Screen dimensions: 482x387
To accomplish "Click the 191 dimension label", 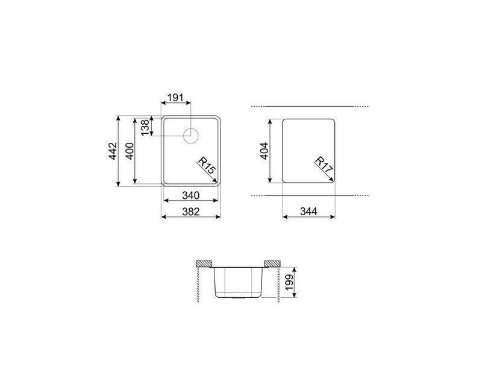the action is click(175, 98).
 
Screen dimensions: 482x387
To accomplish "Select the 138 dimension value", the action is click(145, 127).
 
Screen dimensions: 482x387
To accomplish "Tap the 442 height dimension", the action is click(113, 151).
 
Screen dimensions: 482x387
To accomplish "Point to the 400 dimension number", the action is click(130, 151).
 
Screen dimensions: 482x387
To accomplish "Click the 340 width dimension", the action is click(190, 195).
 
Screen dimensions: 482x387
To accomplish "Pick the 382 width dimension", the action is click(190, 212).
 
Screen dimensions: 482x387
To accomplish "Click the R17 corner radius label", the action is click(324, 165).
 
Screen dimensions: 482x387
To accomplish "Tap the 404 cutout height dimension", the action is click(264, 151).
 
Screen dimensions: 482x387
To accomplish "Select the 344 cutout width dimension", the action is click(308, 212).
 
